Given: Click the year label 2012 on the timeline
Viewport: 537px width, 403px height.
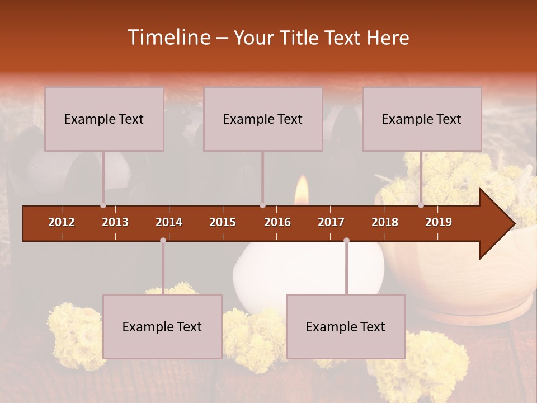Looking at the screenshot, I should [x=62, y=222].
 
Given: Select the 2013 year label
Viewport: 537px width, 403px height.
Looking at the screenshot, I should [x=115, y=222].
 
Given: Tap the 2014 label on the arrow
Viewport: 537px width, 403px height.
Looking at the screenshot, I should [x=169, y=222].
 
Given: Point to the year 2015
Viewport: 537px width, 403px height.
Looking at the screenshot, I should [x=223, y=222].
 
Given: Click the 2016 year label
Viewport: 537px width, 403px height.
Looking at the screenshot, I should [x=277, y=222].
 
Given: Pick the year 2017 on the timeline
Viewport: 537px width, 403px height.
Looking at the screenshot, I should [x=331, y=222].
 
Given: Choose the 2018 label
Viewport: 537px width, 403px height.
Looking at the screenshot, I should [x=385, y=222].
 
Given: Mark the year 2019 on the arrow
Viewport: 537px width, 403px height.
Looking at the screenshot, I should [x=439, y=222].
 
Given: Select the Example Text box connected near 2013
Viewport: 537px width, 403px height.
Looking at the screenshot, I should [x=104, y=119].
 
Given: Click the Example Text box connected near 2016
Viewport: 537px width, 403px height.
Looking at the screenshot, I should [x=263, y=119].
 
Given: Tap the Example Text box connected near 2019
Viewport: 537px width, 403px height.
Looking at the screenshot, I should [x=422, y=119].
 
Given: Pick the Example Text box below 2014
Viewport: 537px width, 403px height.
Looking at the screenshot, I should [x=162, y=326].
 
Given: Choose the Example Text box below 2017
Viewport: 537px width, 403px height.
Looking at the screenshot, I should [x=346, y=326].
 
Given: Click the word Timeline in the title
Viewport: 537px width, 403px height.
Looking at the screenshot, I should [x=168, y=38].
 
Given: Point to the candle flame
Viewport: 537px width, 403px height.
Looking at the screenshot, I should [x=302, y=189].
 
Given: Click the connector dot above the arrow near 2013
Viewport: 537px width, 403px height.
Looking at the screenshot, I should [x=103, y=205].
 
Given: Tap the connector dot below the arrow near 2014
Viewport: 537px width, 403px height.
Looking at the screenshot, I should [x=163, y=241].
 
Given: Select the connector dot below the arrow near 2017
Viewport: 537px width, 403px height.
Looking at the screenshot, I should [x=346, y=241].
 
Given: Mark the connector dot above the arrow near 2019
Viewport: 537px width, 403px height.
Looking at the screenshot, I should [x=421, y=205].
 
